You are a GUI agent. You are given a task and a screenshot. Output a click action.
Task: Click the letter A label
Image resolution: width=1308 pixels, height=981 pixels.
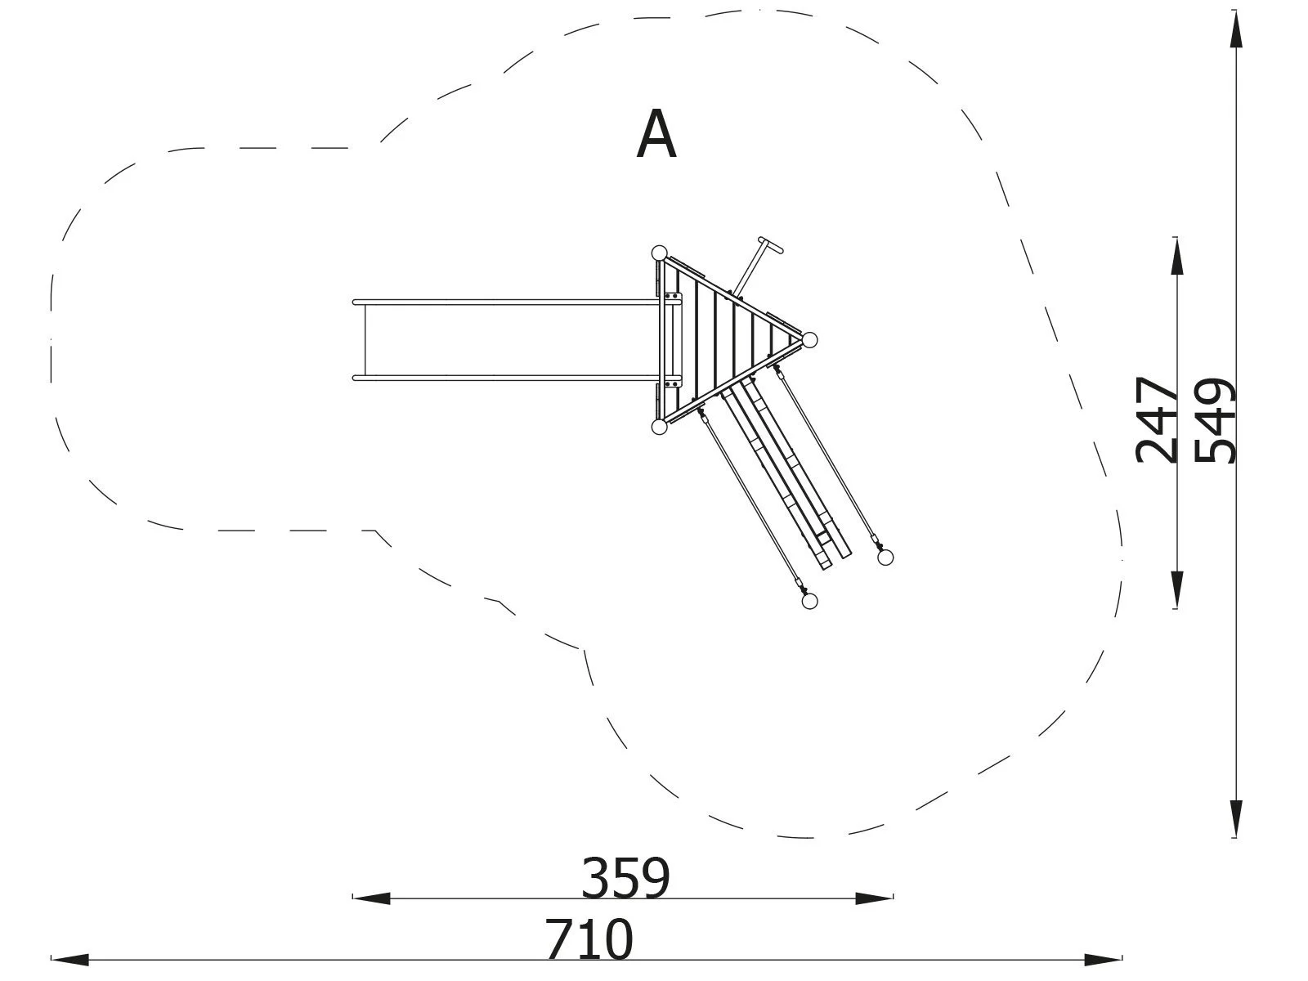point(656,135)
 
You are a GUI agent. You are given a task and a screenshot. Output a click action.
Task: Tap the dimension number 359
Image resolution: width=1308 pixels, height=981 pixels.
point(625,879)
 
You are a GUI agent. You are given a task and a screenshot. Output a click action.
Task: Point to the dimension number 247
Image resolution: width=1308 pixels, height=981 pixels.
point(1158,419)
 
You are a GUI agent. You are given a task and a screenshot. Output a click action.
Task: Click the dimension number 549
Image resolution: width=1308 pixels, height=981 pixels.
point(1216,420)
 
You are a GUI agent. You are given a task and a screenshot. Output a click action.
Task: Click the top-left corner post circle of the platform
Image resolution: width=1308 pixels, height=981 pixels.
point(659,253)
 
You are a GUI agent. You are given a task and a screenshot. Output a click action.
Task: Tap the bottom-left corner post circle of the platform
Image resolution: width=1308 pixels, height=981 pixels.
point(659,427)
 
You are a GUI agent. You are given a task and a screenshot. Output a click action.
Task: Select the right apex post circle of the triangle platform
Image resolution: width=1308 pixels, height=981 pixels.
point(809,341)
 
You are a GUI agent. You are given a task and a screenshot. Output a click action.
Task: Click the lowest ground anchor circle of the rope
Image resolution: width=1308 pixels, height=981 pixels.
point(809,602)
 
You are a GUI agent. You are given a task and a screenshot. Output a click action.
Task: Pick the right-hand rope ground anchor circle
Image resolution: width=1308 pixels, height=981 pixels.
point(885,558)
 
